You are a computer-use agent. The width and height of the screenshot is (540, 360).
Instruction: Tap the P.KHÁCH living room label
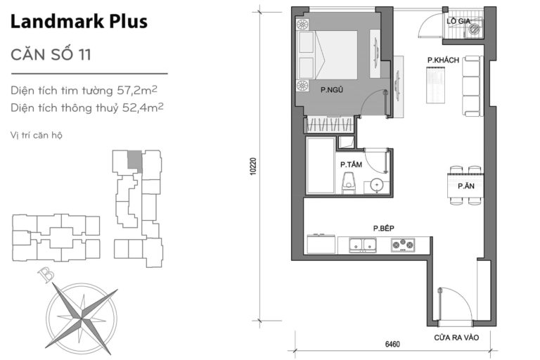443,61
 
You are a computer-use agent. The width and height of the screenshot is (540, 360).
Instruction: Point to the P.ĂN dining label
464,186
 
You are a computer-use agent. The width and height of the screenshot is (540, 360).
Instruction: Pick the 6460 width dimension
392,345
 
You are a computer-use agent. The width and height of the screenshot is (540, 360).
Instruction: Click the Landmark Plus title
79,21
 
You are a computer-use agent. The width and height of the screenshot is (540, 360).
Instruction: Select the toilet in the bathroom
347,185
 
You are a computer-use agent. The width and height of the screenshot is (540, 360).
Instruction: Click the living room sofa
471,86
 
